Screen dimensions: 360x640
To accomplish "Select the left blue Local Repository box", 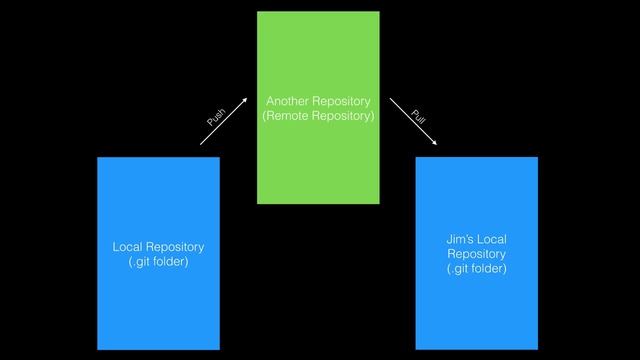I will [x=158, y=300].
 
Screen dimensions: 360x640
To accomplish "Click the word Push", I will [x=216, y=116].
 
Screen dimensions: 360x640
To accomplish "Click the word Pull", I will [x=418, y=116].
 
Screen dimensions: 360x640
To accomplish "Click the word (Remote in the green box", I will [x=284, y=117].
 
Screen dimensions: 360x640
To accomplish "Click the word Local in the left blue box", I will [x=128, y=247].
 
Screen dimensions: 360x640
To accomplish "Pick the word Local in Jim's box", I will [x=493, y=239].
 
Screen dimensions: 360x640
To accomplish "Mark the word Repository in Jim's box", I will [x=476, y=254].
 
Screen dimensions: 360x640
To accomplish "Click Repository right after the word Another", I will [x=342, y=102].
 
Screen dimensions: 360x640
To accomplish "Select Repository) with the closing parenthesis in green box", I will [x=343, y=117].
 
